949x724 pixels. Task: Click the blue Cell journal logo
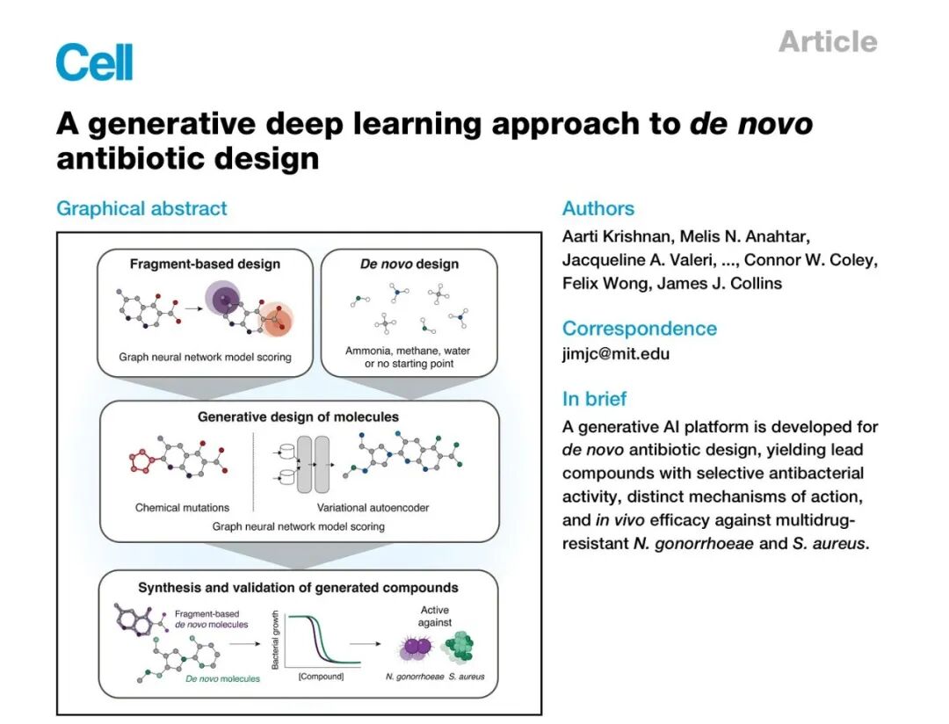(94, 62)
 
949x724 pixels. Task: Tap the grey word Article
(827, 41)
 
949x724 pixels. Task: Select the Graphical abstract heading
(141, 208)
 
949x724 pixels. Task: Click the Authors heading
(598, 208)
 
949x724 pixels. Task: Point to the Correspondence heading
(639, 329)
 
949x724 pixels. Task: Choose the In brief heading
(594, 399)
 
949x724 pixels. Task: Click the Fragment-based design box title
(205, 264)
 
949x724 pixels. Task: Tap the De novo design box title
(409, 264)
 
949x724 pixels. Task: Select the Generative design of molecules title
(298, 416)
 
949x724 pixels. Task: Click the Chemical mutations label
(182, 508)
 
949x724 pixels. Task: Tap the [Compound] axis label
(320, 677)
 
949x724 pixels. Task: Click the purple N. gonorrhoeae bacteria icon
(416, 648)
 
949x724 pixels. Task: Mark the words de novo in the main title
(751, 124)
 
